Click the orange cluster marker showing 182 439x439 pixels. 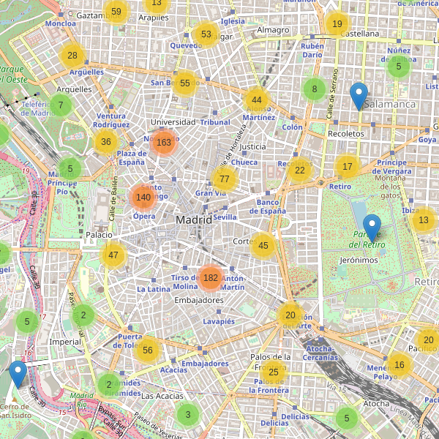(211, 277)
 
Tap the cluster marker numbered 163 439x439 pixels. (163, 143)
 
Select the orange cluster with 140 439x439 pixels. (143, 197)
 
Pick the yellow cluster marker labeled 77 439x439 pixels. (225, 179)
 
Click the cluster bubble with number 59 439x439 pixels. (116, 11)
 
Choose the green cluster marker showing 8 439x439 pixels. (315, 89)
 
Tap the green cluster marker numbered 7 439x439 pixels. (61, 105)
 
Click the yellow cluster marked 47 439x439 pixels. (113, 255)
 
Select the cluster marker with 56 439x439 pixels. (148, 350)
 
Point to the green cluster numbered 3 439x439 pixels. (188, 415)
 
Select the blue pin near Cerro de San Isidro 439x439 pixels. (18, 375)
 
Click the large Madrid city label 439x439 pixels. (194, 219)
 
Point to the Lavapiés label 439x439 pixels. (219, 321)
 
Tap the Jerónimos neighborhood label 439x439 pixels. (359, 260)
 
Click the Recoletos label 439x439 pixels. (346, 134)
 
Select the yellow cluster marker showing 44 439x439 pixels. (256, 100)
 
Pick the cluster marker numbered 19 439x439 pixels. (337, 24)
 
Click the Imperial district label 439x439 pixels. (65, 342)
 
